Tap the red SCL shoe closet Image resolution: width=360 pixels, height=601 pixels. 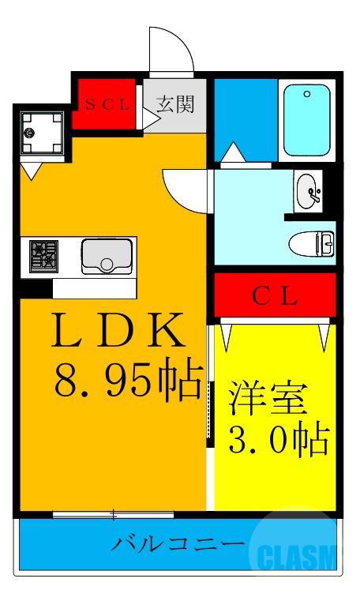pyautogui.click(x=107, y=103)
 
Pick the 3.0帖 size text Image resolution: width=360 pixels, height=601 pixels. pyautogui.click(x=278, y=440)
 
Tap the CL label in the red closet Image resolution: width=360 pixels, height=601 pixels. pyautogui.click(x=274, y=297)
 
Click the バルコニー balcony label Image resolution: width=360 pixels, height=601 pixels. pyautogui.click(x=176, y=544)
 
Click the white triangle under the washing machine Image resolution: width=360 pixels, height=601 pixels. pyautogui.click(x=33, y=168)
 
